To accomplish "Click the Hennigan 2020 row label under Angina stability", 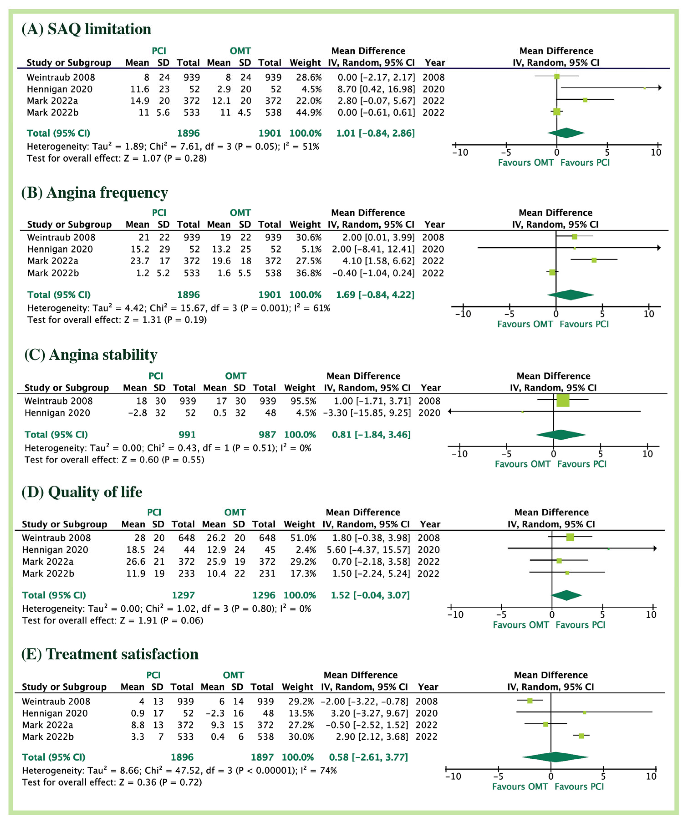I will click(57, 413).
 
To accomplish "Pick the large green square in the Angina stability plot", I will click(563, 401).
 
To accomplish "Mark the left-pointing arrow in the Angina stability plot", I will click(450, 411).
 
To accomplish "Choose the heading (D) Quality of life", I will click(82, 492).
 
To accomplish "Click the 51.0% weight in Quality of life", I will click(303, 538).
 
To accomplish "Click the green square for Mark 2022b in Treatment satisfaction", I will click(581, 736).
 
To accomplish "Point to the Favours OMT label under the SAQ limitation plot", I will click(526, 163).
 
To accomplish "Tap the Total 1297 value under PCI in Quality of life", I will click(183, 595).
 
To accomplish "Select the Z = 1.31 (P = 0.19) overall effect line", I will click(117, 320).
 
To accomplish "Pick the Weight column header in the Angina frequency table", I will click(305, 225).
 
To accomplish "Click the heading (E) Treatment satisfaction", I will click(110, 654).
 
